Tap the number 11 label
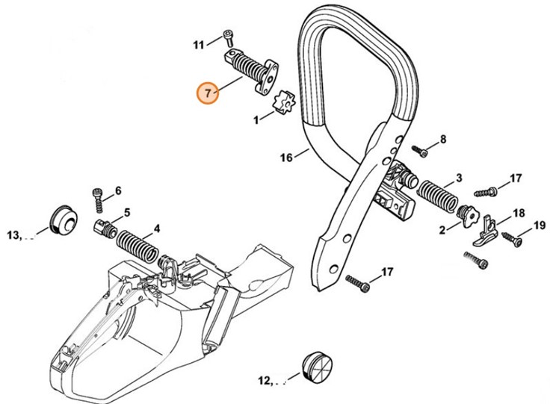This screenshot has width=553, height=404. [x=198, y=45]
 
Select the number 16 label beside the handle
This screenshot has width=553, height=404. [x=286, y=158]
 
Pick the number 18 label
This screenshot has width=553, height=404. [x=519, y=213]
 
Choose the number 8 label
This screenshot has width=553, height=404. [x=442, y=139]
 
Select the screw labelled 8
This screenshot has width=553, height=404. [x=422, y=152]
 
